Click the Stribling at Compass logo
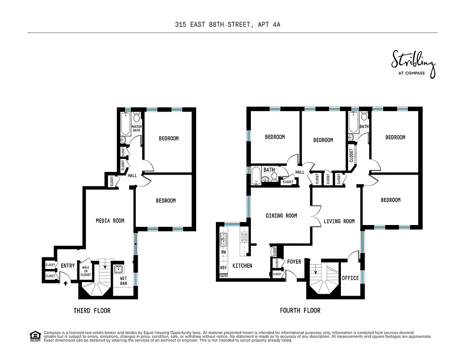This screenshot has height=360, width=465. [x=413, y=64]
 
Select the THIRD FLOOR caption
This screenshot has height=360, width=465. [x=92, y=310]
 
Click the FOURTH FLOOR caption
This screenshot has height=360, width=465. [x=300, y=310]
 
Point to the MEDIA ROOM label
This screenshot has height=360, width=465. [x=110, y=220]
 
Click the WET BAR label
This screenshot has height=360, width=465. [x=123, y=281]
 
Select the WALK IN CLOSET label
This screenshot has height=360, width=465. [x=85, y=270]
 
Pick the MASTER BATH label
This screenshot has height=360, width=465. [x=136, y=129]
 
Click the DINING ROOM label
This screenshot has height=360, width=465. [x=281, y=216]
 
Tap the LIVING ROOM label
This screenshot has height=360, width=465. [x=339, y=221]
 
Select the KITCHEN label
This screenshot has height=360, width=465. [x=242, y=265]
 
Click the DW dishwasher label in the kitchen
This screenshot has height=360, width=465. [x=223, y=252]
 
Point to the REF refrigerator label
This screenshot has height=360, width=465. [x=223, y=267]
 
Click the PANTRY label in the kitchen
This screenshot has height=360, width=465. [x=223, y=275]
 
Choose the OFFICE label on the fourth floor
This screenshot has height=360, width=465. [x=350, y=278]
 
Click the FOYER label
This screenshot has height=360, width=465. [x=294, y=261]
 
